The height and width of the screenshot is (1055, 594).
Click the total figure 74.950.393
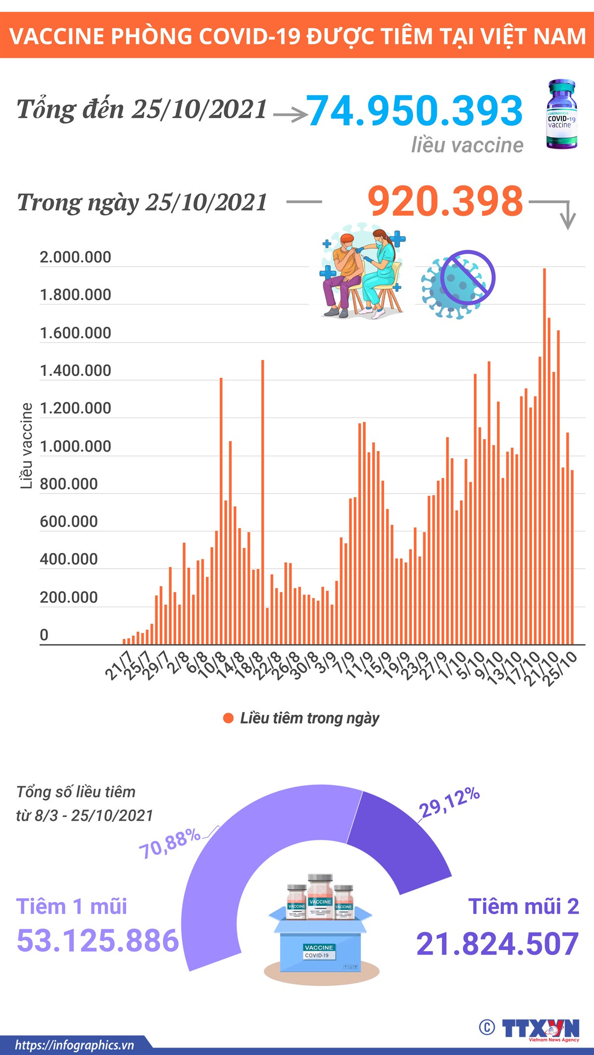coord(415,110)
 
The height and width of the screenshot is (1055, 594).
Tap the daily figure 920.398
coord(445,201)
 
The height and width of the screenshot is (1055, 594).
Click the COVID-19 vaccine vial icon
coord(561,115)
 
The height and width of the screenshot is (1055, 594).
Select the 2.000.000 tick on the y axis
coord(75,257)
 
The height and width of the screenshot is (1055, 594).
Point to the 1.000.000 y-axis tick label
coord(75,446)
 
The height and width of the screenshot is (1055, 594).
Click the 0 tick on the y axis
coord(44,635)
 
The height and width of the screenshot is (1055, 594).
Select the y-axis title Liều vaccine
coord(26,446)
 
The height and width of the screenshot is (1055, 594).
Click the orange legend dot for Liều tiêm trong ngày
coord(228,718)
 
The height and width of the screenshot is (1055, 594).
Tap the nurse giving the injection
coord(381,272)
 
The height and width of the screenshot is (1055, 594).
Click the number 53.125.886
coord(98,941)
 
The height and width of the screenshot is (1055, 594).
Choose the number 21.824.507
coord(497,944)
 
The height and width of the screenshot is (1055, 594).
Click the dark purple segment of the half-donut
coord(396,836)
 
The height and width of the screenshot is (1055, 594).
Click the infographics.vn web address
coord(74,1045)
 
